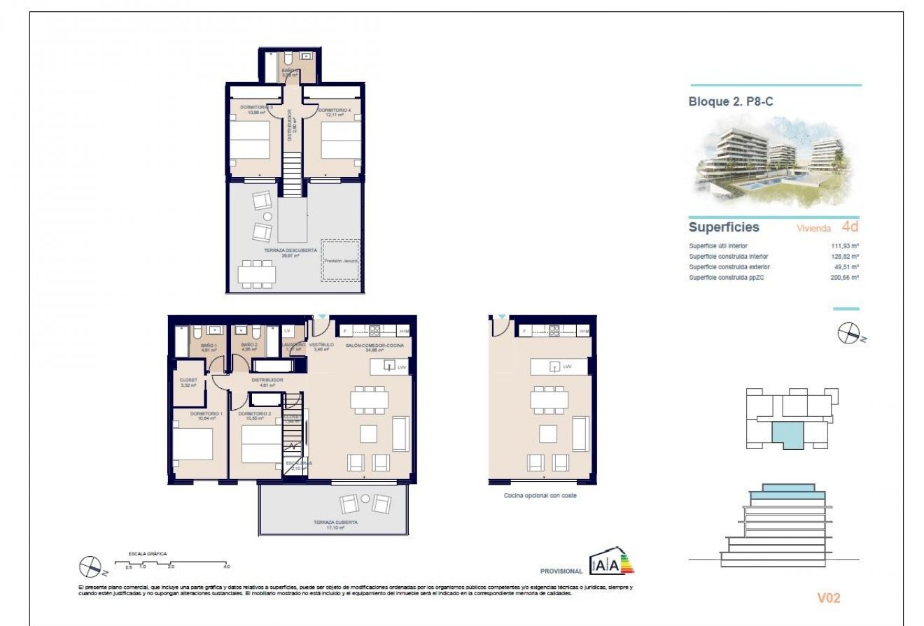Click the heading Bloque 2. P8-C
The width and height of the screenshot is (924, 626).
[x=731, y=101]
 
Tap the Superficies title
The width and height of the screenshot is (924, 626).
[x=724, y=227]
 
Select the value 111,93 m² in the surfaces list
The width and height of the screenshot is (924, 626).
[x=845, y=246]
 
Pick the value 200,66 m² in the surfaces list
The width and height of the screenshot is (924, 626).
[x=845, y=277]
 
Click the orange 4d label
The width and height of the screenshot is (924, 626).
[x=850, y=227]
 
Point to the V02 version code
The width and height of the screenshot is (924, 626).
[x=828, y=598]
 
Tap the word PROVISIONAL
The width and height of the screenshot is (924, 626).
[x=561, y=571]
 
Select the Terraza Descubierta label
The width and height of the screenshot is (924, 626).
[x=290, y=252]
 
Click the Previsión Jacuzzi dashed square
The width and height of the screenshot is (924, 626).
[x=341, y=261]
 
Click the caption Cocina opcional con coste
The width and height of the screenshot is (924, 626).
[x=540, y=495]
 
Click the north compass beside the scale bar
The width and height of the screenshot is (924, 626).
[x=90, y=564]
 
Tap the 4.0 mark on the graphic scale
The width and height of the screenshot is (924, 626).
[x=226, y=566]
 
